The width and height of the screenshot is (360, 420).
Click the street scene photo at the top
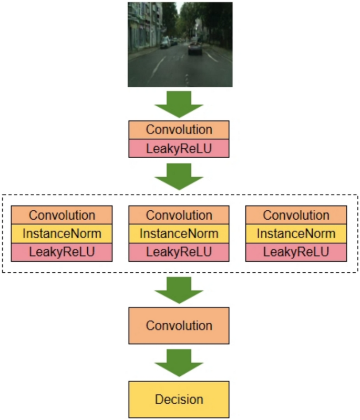pos(180,44)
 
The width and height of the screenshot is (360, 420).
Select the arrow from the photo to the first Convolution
pos(179,104)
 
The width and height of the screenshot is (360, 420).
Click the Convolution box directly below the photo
pos(179,130)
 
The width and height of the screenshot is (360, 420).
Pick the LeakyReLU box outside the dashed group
pos(179,149)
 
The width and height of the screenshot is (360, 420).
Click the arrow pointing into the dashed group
pos(179,176)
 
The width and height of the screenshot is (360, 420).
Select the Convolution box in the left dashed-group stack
pos(62,214)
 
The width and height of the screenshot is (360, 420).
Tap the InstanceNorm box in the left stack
pos(62,233)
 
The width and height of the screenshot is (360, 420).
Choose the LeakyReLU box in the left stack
pos(62,252)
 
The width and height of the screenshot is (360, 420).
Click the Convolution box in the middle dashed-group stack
pos(179,214)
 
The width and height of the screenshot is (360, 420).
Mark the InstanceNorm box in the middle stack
pos(179,233)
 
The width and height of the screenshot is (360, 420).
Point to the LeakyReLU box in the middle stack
pos(179,252)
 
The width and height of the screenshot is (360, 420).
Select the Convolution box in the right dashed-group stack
pos(296,214)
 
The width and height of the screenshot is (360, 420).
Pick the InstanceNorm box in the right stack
pos(296,233)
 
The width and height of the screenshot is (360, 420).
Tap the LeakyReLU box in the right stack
pos(296,252)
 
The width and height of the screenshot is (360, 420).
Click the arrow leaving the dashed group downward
pos(179,289)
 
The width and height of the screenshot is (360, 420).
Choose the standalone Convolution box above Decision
pos(179,325)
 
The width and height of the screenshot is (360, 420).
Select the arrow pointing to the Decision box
pos(179,362)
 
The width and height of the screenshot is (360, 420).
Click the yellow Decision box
pos(179,399)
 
